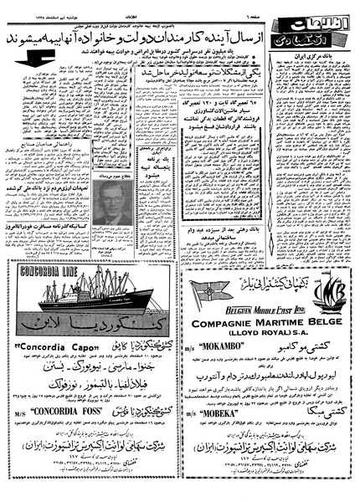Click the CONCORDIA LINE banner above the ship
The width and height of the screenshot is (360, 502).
pyautogui.click(x=44, y=272)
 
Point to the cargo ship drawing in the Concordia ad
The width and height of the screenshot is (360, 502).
pyautogui.click(x=95, y=295)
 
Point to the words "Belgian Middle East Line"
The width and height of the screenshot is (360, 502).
pyautogui.click(x=270, y=309)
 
